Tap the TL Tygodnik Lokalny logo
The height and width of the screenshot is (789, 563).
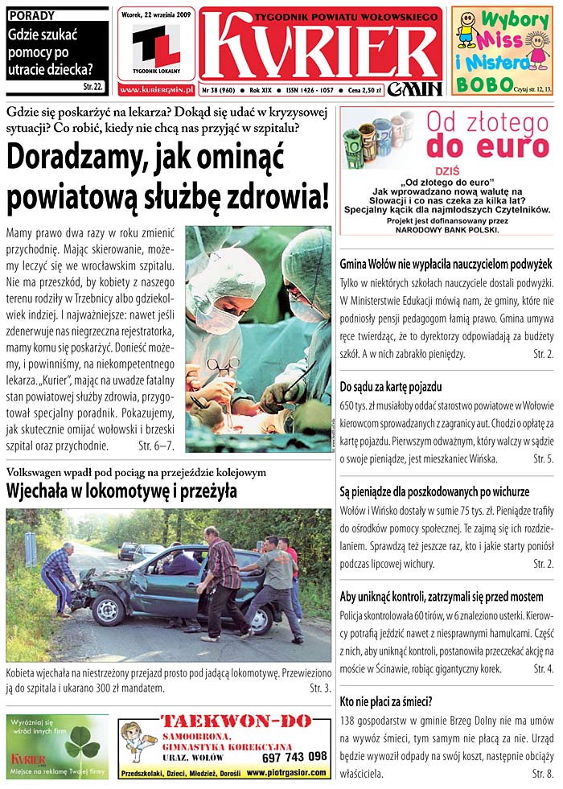157,47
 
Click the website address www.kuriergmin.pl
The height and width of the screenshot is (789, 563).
156,89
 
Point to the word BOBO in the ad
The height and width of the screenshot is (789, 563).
483,84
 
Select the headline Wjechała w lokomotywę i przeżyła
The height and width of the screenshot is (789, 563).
121,491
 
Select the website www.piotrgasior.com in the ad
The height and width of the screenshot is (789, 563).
286,773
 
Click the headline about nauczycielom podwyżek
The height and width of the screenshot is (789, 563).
446,264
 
